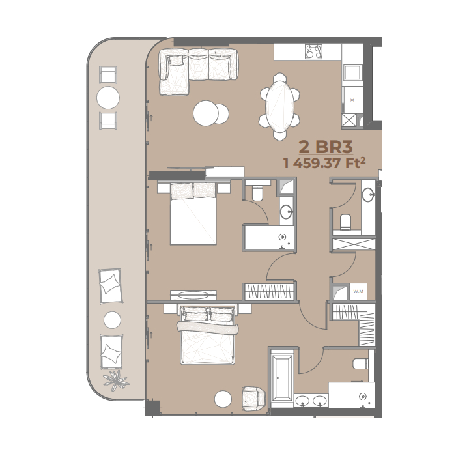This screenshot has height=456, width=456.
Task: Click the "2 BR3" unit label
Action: [x=326, y=147]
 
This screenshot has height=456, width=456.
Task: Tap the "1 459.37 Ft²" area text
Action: [x=324, y=163]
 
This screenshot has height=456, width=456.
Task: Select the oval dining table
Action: [x=279, y=106]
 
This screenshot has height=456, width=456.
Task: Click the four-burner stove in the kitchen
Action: [x=313, y=51]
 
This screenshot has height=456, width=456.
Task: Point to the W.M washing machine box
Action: [x=358, y=291]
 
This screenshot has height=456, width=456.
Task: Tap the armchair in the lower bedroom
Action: [x=253, y=399]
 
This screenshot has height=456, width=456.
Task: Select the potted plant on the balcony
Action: [x=117, y=380]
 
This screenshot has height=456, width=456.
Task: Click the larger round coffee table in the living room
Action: [x=206, y=113]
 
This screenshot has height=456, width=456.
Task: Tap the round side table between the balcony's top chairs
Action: [x=108, y=98]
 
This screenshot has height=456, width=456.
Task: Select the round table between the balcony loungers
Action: [x=112, y=320]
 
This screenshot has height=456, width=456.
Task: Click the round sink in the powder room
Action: [x=368, y=195]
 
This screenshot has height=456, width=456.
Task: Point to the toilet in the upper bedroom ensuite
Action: [x=257, y=193]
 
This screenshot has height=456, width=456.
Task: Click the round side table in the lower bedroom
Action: [x=223, y=399]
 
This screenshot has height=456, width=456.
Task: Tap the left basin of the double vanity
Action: [x=302, y=401]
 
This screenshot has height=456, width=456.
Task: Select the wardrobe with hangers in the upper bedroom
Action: [x=268, y=291]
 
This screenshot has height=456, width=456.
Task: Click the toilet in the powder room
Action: [x=345, y=221]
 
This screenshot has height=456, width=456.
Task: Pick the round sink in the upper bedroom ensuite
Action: [x=286, y=212]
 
